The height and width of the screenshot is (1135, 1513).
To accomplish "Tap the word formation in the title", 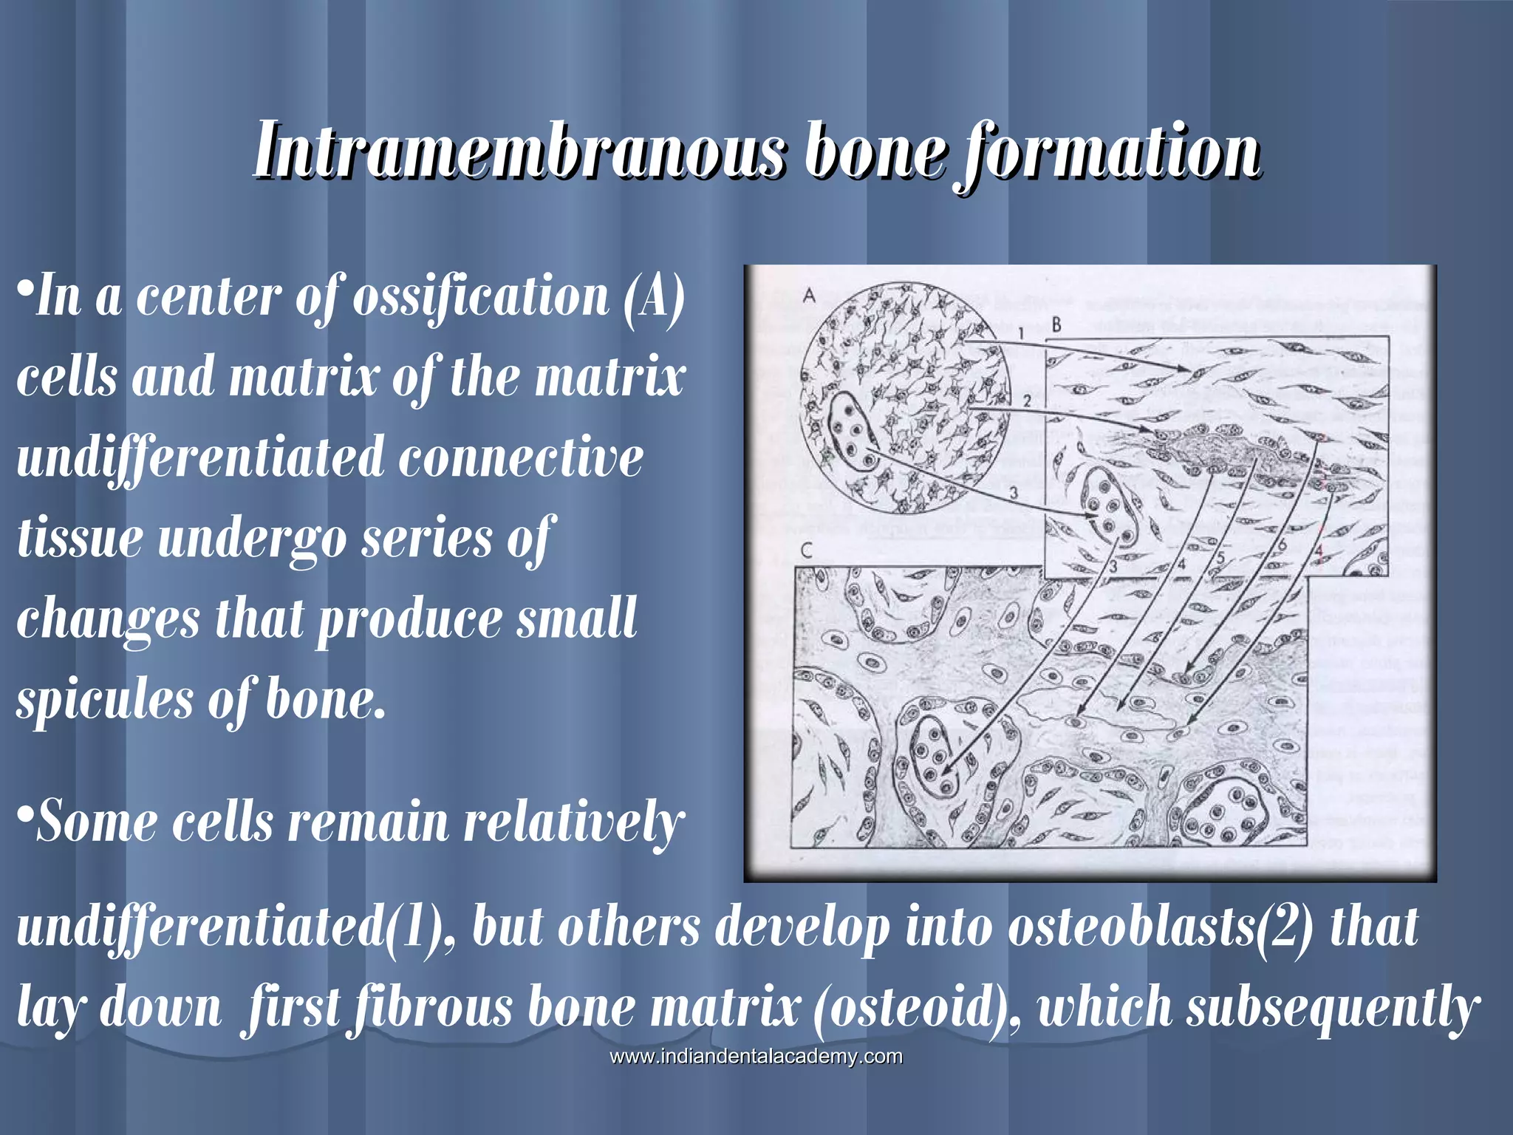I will click(x=1108, y=151).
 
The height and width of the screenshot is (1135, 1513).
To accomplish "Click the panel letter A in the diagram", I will click(x=810, y=296).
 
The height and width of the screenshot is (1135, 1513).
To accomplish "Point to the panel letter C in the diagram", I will click(x=807, y=551).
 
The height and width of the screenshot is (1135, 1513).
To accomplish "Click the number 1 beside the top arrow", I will click(x=1020, y=333).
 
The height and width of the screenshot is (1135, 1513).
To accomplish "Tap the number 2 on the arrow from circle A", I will click(x=1027, y=401).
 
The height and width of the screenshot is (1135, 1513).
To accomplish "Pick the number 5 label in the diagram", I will click(x=1220, y=558).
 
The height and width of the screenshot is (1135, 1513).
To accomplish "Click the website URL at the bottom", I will click(x=756, y=1057).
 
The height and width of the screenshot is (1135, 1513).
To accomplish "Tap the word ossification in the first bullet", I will click(x=481, y=296).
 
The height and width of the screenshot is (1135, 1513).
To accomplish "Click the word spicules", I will click(x=103, y=699).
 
